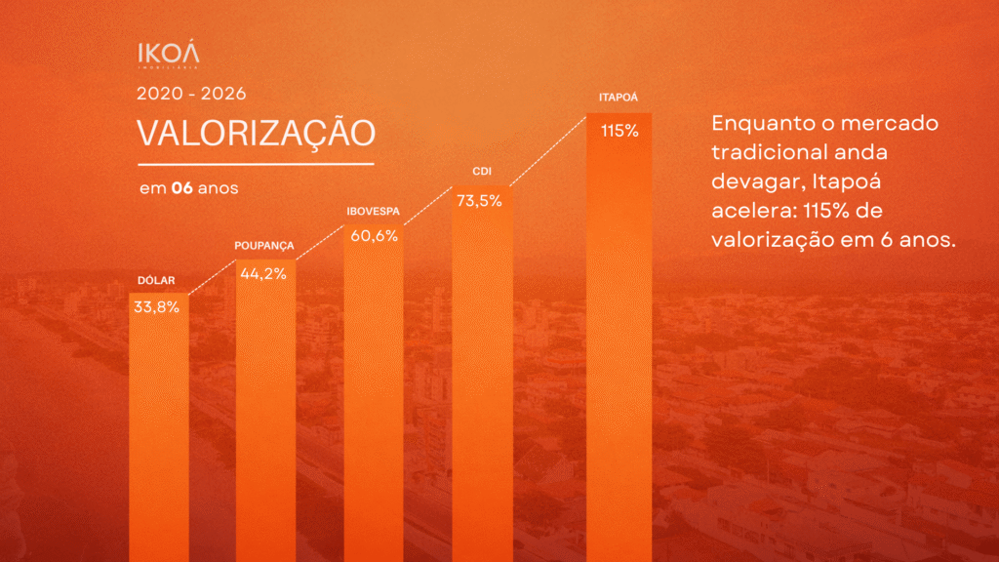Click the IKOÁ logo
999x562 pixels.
[169, 55]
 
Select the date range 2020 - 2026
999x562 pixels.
[191, 94]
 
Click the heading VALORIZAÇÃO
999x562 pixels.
[257, 134]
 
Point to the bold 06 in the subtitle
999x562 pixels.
[182, 188]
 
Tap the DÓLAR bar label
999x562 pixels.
[156, 280]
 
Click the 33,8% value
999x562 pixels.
[157, 307]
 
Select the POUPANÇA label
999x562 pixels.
[264, 246]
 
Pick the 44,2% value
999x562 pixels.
[263, 274]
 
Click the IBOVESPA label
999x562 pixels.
[374, 212]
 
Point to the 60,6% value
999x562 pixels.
[374, 236]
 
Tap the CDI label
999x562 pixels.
[482, 172]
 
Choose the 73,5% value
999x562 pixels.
[480, 201]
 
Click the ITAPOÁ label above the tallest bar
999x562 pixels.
[618, 98]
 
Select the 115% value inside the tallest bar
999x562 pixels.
[619, 132]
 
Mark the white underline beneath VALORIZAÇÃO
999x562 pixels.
[257, 164]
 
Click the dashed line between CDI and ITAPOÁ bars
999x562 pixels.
[548, 151]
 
